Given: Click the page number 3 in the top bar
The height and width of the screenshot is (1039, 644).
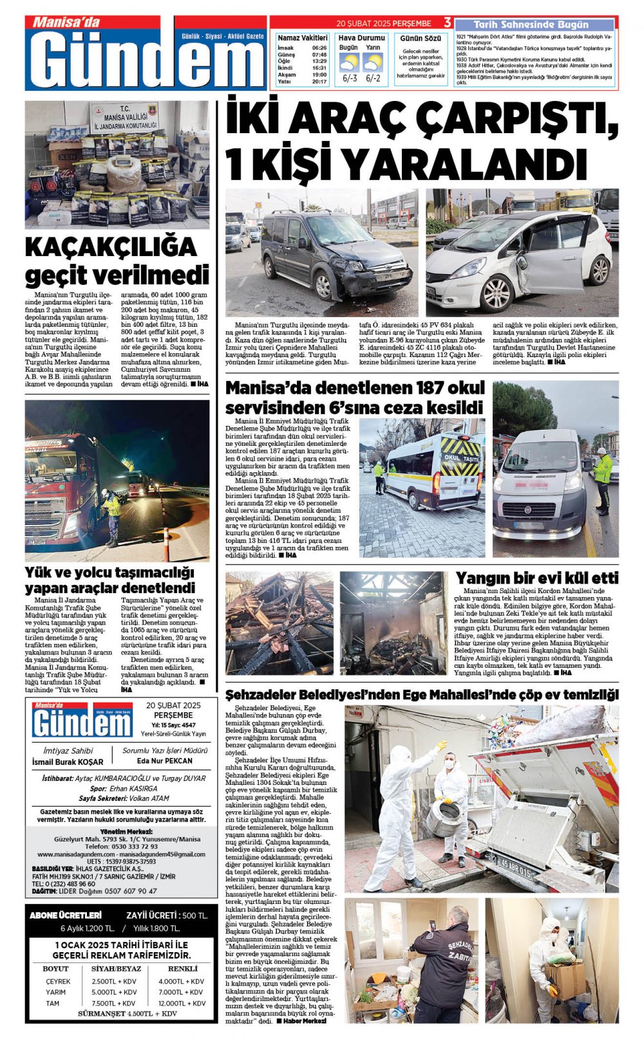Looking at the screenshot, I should click(x=448, y=23).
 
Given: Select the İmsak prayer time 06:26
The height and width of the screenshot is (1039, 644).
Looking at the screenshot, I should click(x=319, y=48).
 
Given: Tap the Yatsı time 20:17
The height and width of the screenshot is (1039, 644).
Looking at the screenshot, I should click(x=319, y=82).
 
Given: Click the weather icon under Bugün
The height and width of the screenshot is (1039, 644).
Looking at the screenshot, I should click(x=348, y=63).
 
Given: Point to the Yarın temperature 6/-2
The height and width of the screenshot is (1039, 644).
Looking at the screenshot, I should click(x=372, y=79).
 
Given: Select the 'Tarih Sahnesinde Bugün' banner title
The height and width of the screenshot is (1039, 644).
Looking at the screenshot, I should click(x=531, y=24).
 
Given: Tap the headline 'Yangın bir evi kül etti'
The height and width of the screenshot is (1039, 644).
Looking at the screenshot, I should click(x=536, y=578).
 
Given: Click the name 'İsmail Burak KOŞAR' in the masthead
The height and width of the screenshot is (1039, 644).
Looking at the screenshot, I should click(x=68, y=762).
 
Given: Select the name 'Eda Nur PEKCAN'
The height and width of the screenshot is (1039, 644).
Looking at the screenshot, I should click(x=165, y=760).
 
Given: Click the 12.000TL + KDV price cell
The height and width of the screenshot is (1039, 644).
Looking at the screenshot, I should click(x=182, y=1003).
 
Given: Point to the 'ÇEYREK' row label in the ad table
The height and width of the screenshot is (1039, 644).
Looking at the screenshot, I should click(x=58, y=981).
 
